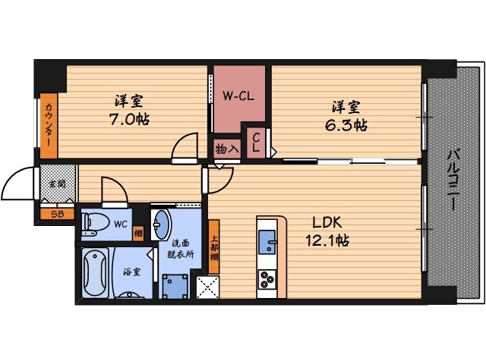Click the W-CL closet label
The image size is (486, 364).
[238, 96]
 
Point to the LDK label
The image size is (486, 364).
[329, 222]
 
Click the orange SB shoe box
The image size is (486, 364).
[57, 215]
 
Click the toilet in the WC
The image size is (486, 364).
[96, 223]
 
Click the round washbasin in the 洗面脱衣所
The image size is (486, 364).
[162, 225]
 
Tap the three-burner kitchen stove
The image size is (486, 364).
[270, 280]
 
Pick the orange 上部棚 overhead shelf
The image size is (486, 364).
[214, 241]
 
